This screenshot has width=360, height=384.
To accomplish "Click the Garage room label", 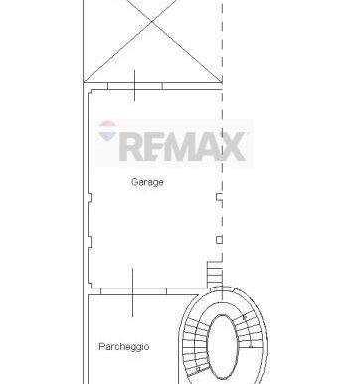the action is coord(147,182).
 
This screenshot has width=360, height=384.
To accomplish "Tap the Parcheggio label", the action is coord(124,347).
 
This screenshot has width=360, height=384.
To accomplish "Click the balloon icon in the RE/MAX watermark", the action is coord(107,130).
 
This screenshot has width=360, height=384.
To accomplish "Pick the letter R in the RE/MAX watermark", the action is coord(133,146).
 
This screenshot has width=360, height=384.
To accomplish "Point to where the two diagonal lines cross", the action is coord(152,21).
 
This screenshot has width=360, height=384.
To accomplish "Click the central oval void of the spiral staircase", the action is coord(223,347).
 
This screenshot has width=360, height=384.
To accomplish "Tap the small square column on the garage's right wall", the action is coord(219,240).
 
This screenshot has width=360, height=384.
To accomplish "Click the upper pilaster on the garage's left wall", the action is coord(90,198).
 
